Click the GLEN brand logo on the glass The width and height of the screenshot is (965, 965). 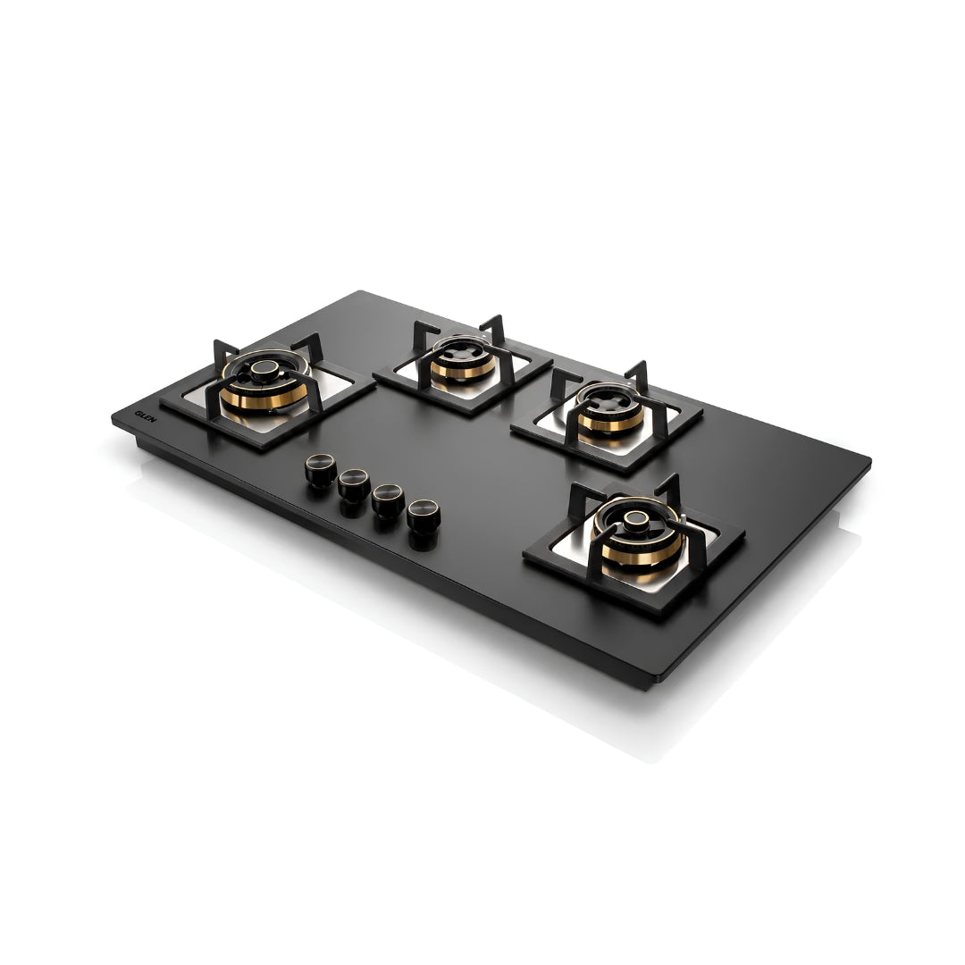146,416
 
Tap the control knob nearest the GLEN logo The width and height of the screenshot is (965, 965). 321,470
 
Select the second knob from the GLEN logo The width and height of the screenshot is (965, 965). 354,484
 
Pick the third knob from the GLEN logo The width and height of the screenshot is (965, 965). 389,499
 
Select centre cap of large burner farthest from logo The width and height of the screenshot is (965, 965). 636,520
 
